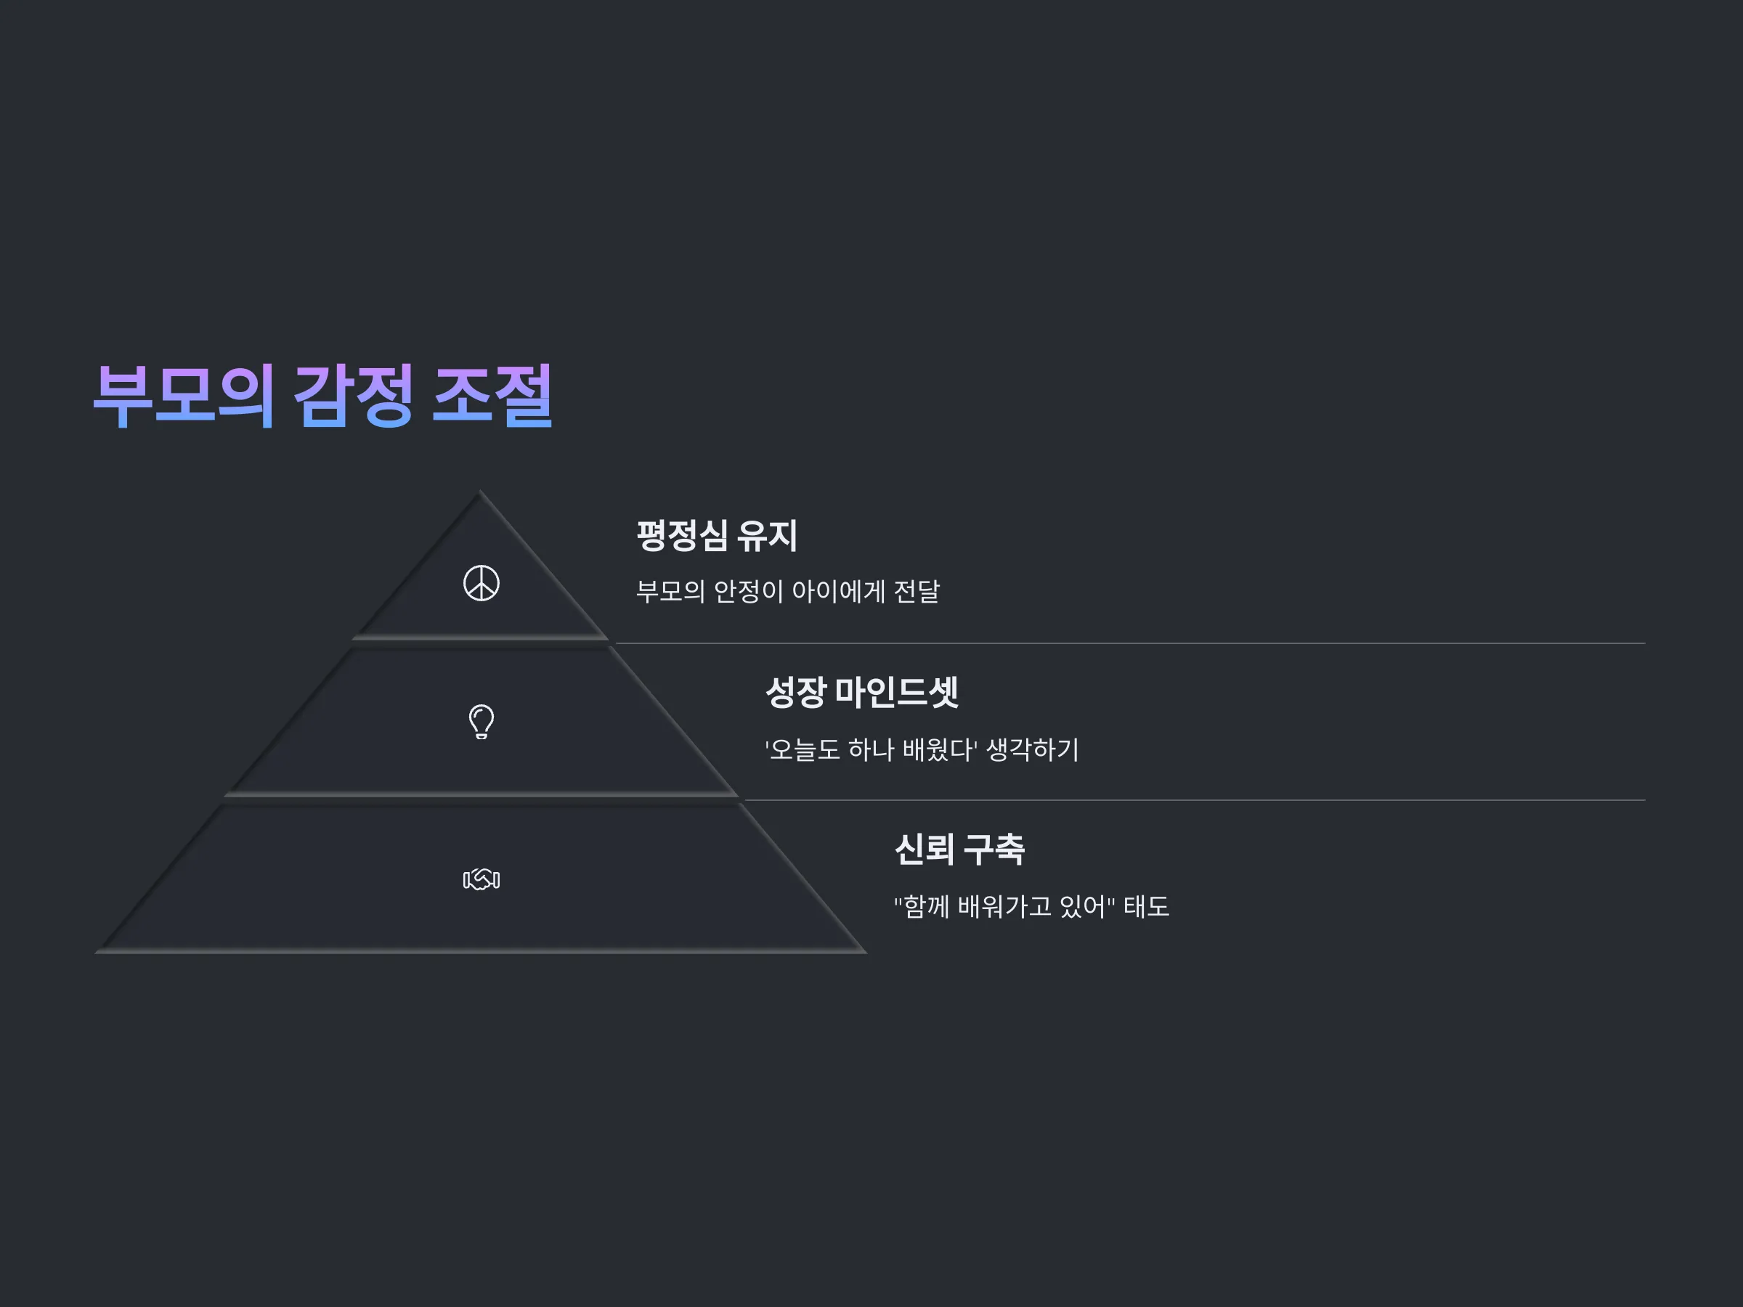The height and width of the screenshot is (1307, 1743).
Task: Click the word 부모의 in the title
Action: point(184,396)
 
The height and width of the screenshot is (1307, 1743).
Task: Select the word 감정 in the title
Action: point(353,396)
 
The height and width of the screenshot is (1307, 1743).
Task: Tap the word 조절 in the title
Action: point(492,396)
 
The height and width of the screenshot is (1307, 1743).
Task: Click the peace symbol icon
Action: point(482,583)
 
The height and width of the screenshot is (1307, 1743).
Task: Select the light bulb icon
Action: point(482,722)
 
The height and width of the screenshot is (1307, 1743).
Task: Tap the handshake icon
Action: point(482,879)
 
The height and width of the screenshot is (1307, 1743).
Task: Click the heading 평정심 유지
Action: point(717,536)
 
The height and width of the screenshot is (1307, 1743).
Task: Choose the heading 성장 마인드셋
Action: point(862,693)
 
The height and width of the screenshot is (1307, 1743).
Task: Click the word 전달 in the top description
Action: point(917,591)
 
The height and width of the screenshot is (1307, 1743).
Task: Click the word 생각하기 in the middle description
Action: point(1033,749)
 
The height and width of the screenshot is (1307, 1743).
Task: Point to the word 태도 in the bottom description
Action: point(1147,907)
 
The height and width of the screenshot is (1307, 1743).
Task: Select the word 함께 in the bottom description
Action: point(927,907)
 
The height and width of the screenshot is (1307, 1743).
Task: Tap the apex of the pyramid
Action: point(481,491)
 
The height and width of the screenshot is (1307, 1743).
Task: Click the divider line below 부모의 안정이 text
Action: point(1130,643)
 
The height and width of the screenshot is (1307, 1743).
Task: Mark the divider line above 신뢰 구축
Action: point(1195,800)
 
